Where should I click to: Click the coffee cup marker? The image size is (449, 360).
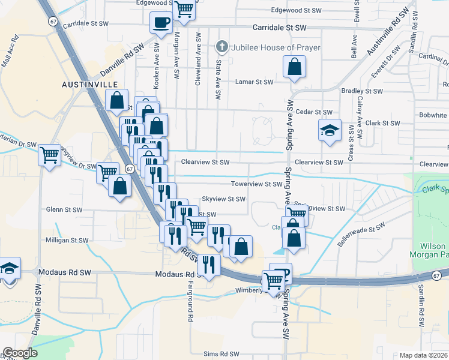click(161, 23)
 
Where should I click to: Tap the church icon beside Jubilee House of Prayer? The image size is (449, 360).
click(221, 47)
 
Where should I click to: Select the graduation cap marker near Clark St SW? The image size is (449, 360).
click(329, 131)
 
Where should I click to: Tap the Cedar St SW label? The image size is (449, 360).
click(314, 112)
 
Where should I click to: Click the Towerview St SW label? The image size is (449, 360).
click(257, 185)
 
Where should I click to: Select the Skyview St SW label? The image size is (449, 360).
click(223, 199)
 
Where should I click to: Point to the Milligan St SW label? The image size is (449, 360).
click(67, 240)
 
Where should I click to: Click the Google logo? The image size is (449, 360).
click(20, 353)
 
